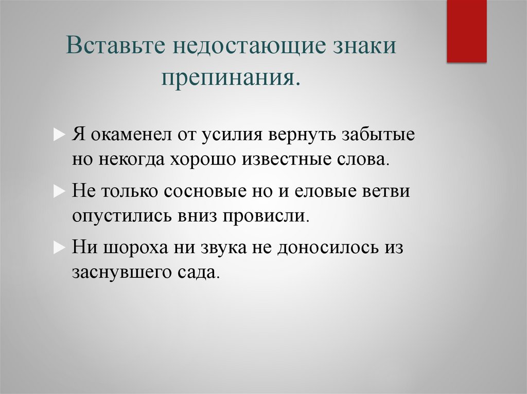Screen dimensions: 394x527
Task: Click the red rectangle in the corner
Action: point(466,31)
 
